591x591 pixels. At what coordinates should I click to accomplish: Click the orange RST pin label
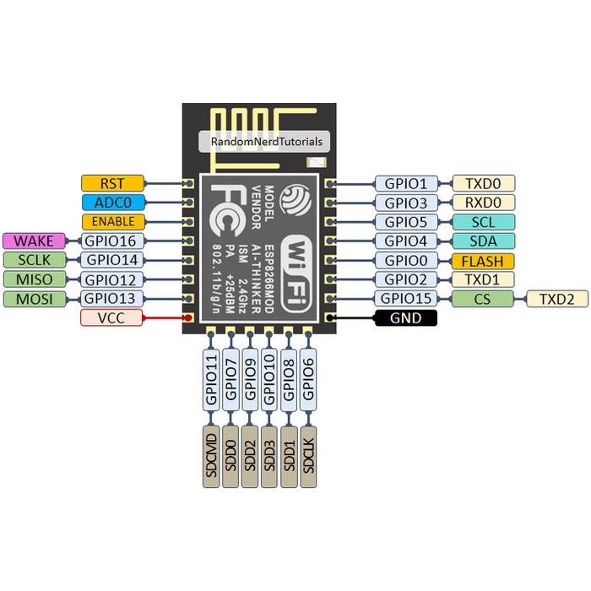click(112, 183)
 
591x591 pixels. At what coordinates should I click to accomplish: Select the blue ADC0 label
click(112, 203)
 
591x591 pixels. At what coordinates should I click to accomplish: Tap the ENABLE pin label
click(112, 222)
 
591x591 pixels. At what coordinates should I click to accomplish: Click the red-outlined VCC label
click(112, 318)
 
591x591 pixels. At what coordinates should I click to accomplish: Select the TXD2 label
click(557, 299)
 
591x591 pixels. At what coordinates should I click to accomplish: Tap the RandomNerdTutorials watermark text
click(265, 142)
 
